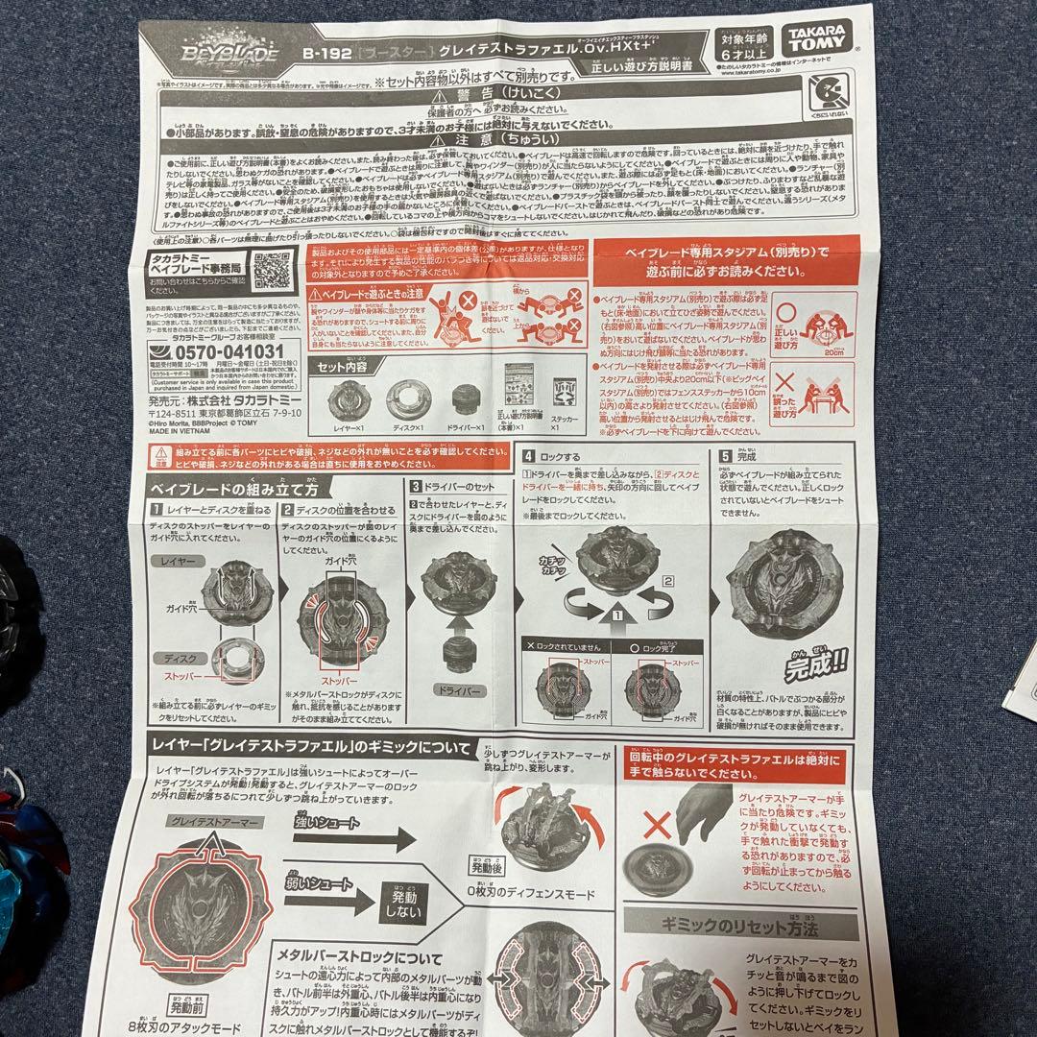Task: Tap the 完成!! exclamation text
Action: (814, 662)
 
